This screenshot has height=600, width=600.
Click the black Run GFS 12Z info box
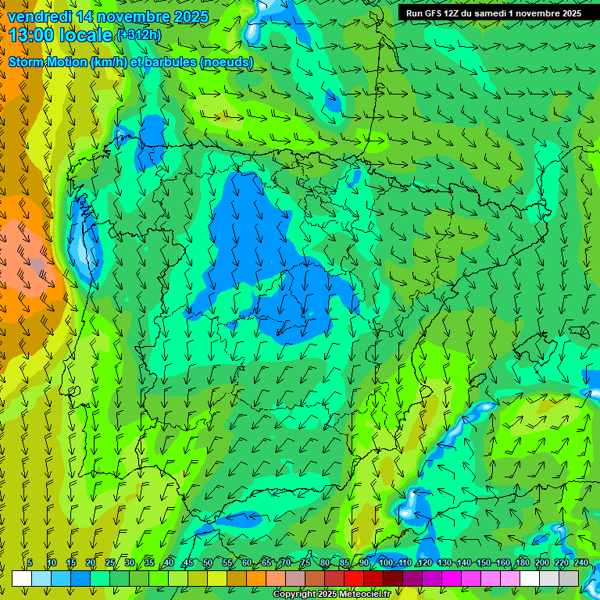[x=493, y=13]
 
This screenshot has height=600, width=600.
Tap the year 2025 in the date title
[x=189, y=16]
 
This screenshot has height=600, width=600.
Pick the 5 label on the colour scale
[x=30, y=562]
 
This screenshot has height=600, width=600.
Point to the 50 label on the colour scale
[x=207, y=562]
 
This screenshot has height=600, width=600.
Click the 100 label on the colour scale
[x=385, y=562]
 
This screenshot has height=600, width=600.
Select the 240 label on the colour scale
[x=580, y=562]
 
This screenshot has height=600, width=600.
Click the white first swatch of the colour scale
[x=22, y=578]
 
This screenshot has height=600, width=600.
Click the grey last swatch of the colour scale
[x=569, y=578]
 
